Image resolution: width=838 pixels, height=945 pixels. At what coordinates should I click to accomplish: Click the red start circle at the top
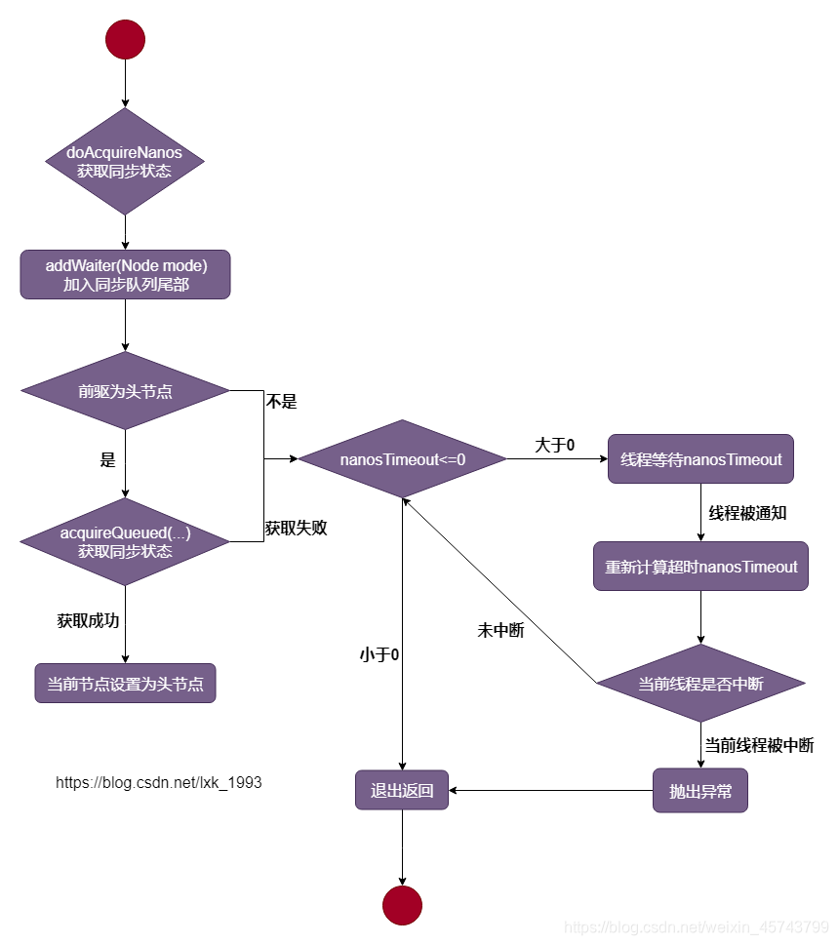pyautogui.click(x=125, y=39)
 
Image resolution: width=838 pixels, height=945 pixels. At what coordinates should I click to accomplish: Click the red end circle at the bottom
pyautogui.click(x=402, y=905)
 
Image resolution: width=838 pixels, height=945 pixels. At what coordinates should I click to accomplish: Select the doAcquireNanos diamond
pyautogui.click(x=125, y=161)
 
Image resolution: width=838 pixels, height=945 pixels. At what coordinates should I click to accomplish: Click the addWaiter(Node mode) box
pyautogui.click(x=125, y=274)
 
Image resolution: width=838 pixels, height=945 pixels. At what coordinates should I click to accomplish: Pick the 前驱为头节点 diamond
pyautogui.click(x=125, y=391)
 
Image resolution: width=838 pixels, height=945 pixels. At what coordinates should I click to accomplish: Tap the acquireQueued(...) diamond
pyautogui.click(x=125, y=542)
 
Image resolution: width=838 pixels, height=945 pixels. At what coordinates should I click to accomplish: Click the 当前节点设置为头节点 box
pyautogui.click(x=125, y=684)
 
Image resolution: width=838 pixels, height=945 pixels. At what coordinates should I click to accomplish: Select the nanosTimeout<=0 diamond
pyautogui.click(x=402, y=458)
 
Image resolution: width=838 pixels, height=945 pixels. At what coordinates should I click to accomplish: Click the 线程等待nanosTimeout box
pyautogui.click(x=700, y=458)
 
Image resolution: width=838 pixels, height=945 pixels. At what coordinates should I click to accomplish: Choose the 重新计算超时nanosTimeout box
pyautogui.click(x=700, y=566)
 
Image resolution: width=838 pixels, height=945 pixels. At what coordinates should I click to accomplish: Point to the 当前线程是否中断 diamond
pyautogui.click(x=700, y=684)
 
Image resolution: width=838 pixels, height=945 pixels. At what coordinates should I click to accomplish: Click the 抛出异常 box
pyautogui.click(x=700, y=791)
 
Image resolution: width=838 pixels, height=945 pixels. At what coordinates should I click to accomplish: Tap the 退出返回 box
pyautogui.click(x=402, y=791)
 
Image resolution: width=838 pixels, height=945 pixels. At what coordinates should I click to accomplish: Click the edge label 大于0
pyautogui.click(x=554, y=445)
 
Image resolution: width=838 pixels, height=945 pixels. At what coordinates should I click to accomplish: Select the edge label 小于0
pyautogui.click(x=379, y=654)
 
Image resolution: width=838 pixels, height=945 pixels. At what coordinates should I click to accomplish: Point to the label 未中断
pyautogui.click(x=500, y=630)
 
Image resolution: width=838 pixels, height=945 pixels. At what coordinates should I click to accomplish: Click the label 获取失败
pyautogui.click(x=296, y=528)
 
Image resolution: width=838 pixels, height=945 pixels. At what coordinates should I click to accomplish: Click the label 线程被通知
pyautogui.click(x=747, y=513)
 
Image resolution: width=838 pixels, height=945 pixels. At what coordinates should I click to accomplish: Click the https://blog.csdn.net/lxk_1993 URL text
pyautogui.click(x=159, y=782)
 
